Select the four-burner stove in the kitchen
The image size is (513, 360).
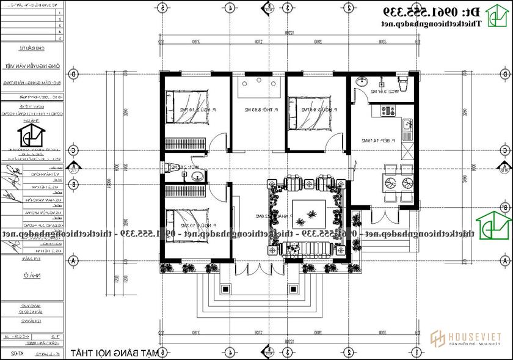(387, 111)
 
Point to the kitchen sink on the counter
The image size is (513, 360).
(406, 127)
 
